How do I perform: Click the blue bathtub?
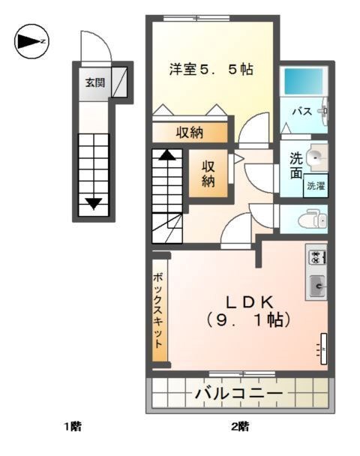click(x=303, y=80)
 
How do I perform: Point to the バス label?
click(x=301, y=112)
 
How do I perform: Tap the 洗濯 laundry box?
click(x=316, y=186)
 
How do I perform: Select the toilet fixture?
click(x=313, y=219)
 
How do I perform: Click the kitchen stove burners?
click(x=316, y=256)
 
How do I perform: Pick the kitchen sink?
click(x=316, y=285)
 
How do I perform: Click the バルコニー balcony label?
click(x=238, y=393)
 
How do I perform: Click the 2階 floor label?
click(x=239, y=427)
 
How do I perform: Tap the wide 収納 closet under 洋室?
click(x=189, y=133)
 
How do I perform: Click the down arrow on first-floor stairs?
click(x=94, y=202)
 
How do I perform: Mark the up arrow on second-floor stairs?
click(x=167, y=156)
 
